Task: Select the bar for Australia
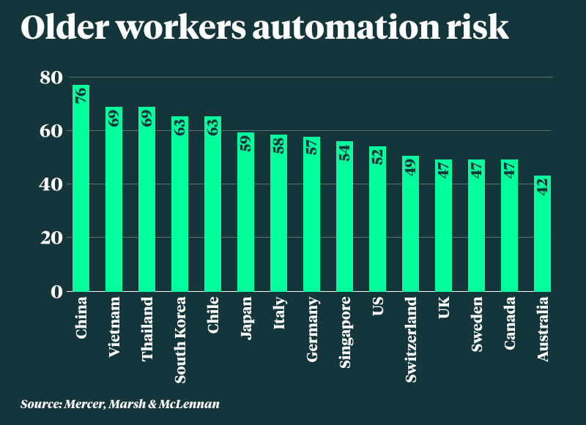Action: [542, 234]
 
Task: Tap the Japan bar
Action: [245, 212]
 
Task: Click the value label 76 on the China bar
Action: [81, 95]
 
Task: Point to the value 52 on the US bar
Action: [377, 156]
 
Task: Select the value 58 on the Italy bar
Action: [278, 144]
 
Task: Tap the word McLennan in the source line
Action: [192, 404]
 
